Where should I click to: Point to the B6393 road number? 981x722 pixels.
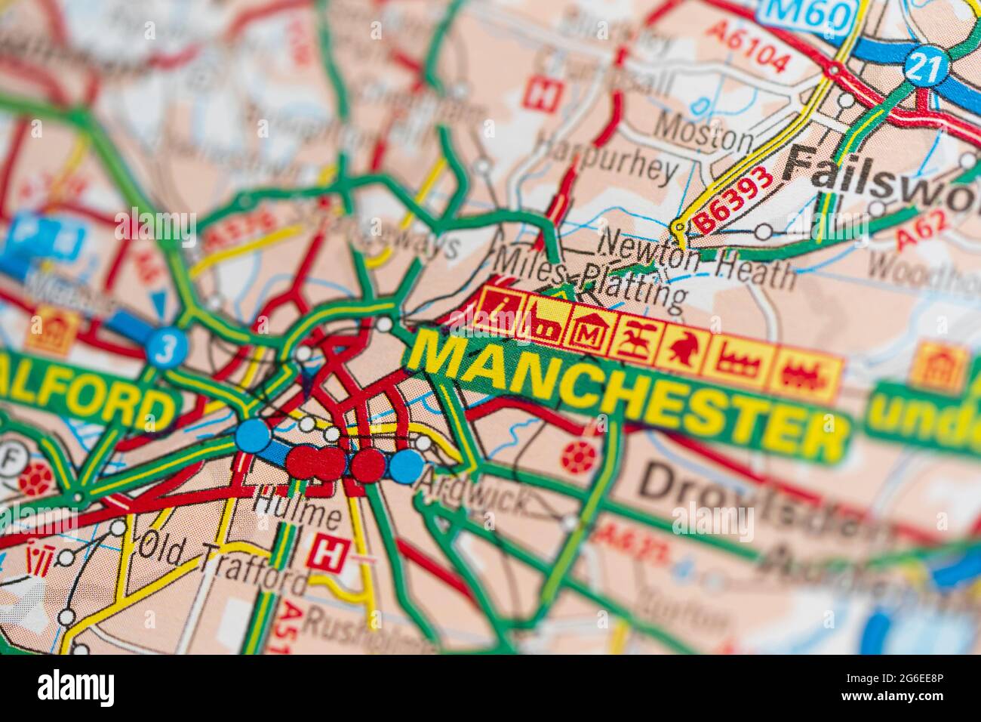(733, 199)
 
